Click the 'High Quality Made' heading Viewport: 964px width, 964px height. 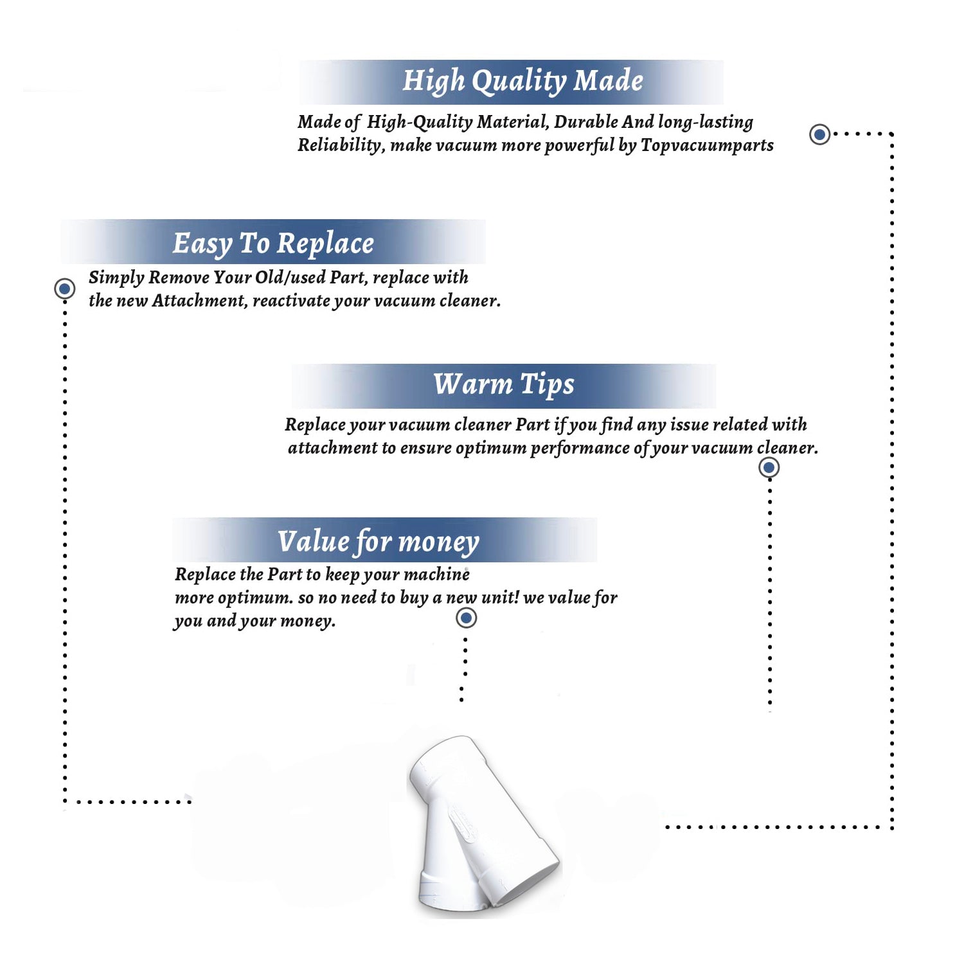[x=522, y=82]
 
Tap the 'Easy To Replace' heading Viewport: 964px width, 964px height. [x=273, y=244]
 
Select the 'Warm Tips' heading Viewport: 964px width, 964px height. [x=504, y=384]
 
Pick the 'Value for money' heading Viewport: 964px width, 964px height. [x=379, y=541]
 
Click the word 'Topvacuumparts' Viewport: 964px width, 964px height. [x=707, y=146]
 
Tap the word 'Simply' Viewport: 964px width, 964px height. [x=116, y=278]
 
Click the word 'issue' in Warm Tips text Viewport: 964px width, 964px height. [x=689, y=424]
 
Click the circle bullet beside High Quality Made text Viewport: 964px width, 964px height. [x=819, y=134]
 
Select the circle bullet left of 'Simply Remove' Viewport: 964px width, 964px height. [x=64, y=289]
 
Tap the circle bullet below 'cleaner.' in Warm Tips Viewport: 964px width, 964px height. [x=769, y=467]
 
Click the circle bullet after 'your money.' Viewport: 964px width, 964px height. [x=466, y=618]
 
